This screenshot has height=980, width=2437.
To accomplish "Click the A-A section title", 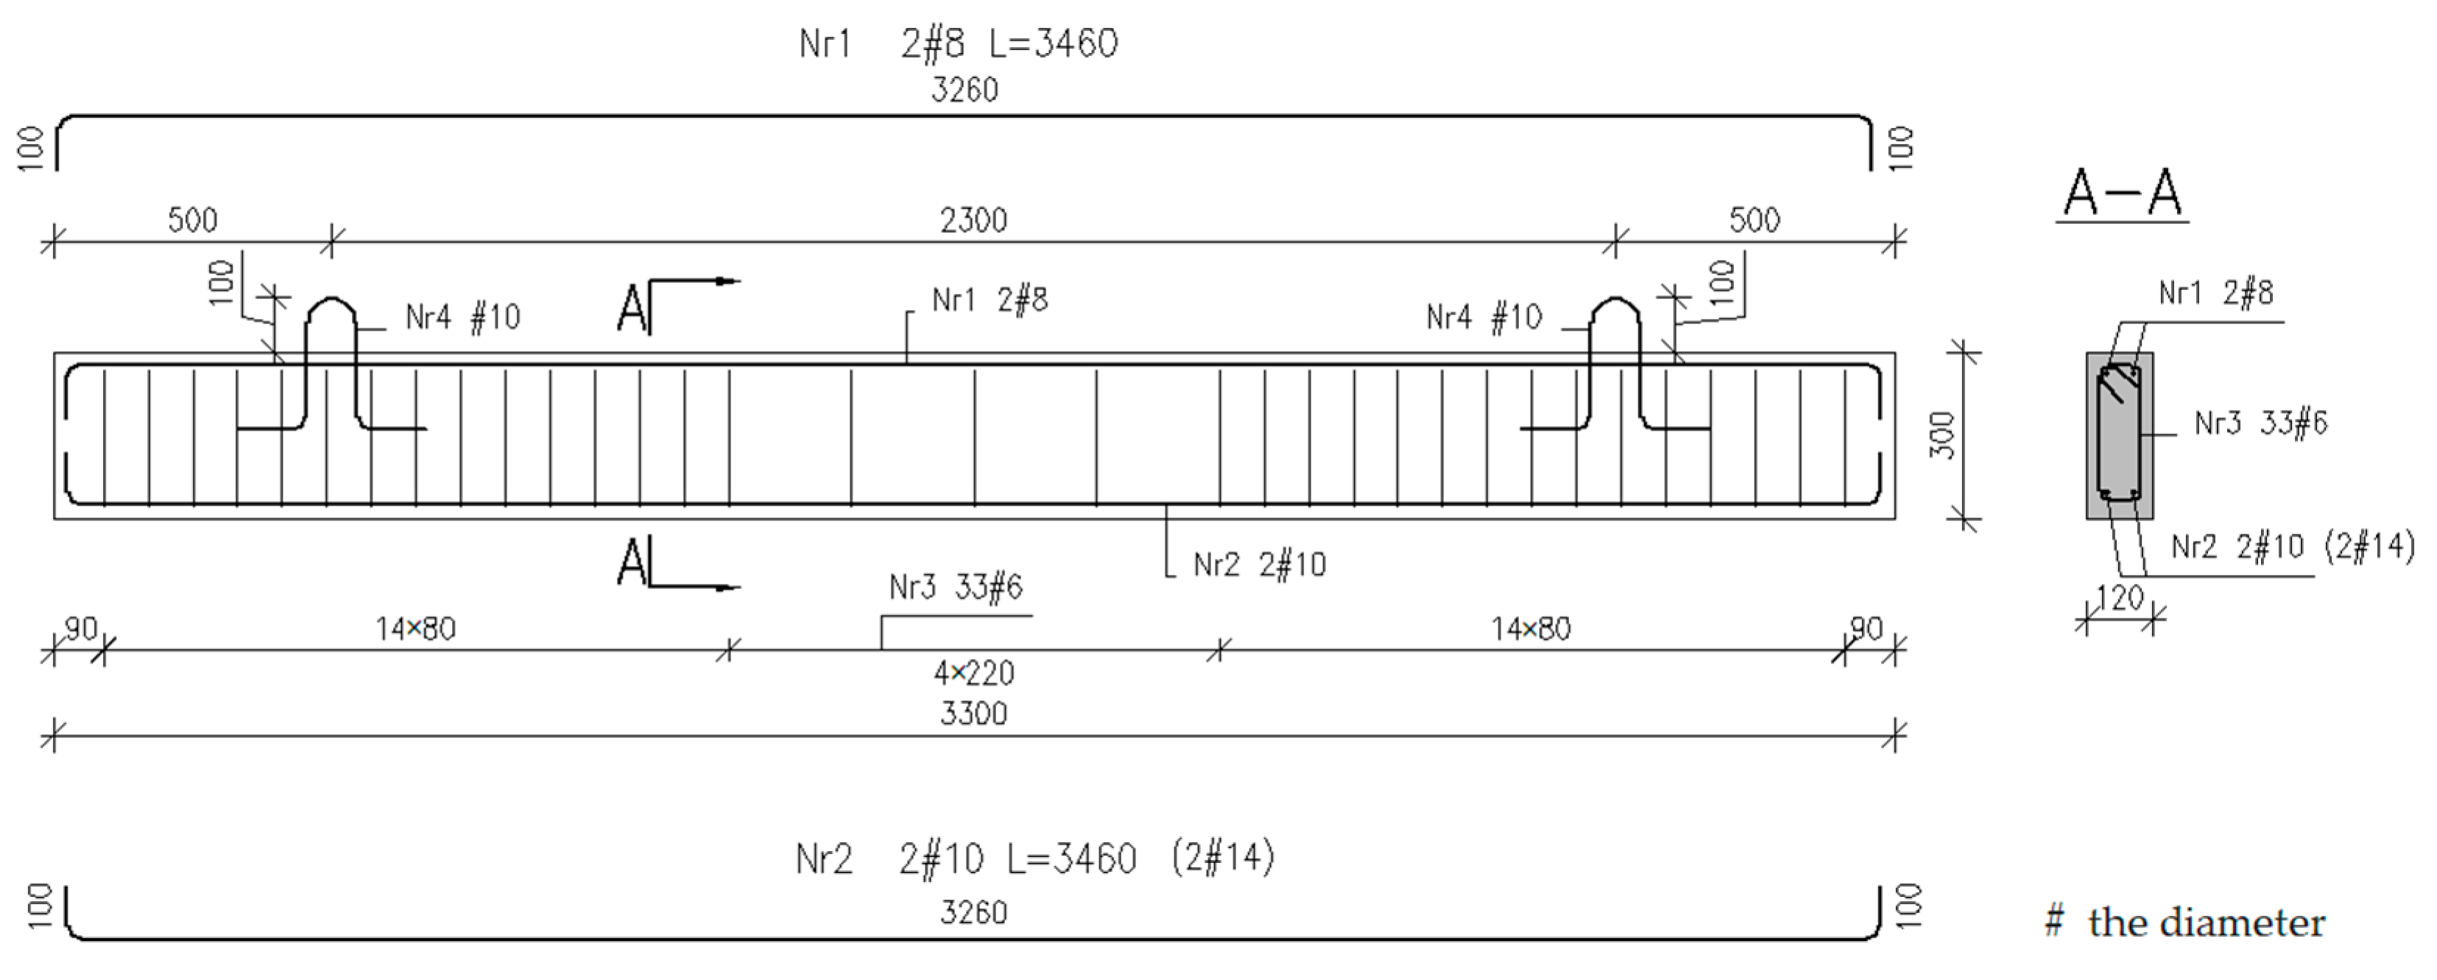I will click(x=2122, y=194).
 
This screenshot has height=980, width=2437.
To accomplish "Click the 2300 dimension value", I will click(x=973, y=220).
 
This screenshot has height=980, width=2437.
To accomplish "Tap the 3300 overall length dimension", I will click(x=973, y=713).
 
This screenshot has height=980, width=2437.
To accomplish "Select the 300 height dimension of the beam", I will click(x=1942, y=435).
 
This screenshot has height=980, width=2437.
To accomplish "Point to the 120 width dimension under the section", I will click(x=2120, y=599).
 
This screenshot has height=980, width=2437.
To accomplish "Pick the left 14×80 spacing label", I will click(x=415, y=629).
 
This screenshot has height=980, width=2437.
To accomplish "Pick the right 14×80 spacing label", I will click(x=1531, y=629).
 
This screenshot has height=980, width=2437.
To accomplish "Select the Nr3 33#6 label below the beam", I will click(x=956, y=588).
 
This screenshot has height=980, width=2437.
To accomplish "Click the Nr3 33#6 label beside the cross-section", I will click(x=2260, y=423).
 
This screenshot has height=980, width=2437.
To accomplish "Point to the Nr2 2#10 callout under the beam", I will click(x=1259, y=565).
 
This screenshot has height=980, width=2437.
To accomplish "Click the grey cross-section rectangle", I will click(x=2120, y=435).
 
